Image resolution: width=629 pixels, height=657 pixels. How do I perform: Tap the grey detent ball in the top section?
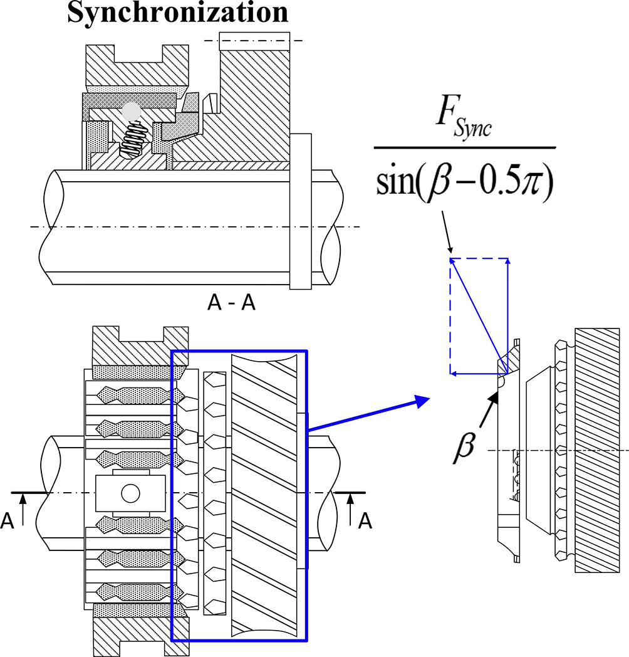point(130,111)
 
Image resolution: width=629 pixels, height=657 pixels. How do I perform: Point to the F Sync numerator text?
point(464,119)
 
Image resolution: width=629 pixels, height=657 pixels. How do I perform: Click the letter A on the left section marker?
point(7,521)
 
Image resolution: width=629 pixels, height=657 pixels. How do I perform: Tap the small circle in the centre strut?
point(130,493)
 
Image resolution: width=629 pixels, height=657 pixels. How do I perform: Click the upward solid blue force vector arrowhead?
point(507,261)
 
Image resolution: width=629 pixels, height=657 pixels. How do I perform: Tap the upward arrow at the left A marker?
point(23,505)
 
